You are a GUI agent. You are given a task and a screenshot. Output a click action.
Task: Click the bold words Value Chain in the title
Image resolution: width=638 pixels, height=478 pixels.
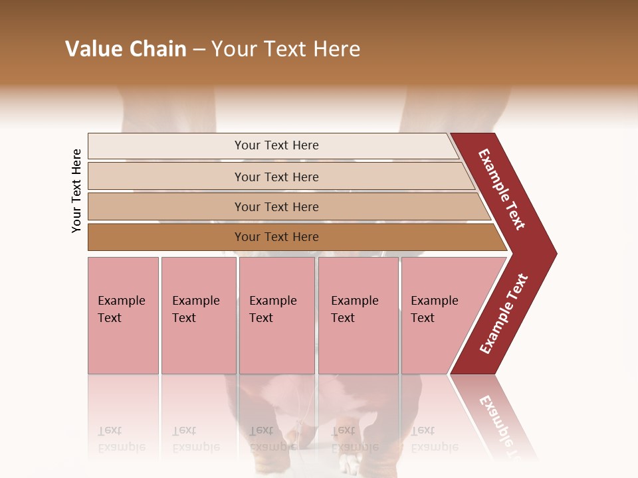click(126, 49)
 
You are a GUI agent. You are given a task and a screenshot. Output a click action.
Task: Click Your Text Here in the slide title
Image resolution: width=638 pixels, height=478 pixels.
click(286, 49)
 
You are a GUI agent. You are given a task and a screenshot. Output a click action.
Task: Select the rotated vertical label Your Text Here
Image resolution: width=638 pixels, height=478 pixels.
click(76, 191)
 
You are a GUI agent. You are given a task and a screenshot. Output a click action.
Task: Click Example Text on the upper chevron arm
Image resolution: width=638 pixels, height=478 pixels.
click(502, 189)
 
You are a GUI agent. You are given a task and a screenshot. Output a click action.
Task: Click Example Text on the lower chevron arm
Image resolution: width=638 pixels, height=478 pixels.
click(504, 314)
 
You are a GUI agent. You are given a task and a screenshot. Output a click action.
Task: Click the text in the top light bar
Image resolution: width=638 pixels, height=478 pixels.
click(276, 145)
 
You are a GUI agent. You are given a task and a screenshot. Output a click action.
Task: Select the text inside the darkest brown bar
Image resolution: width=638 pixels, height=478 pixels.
click(276, 237)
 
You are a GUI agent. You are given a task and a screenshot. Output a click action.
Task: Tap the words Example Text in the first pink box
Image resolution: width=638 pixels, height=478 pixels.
click(121, 309)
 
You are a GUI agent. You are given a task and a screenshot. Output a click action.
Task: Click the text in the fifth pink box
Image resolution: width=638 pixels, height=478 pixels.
click(434, 309)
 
